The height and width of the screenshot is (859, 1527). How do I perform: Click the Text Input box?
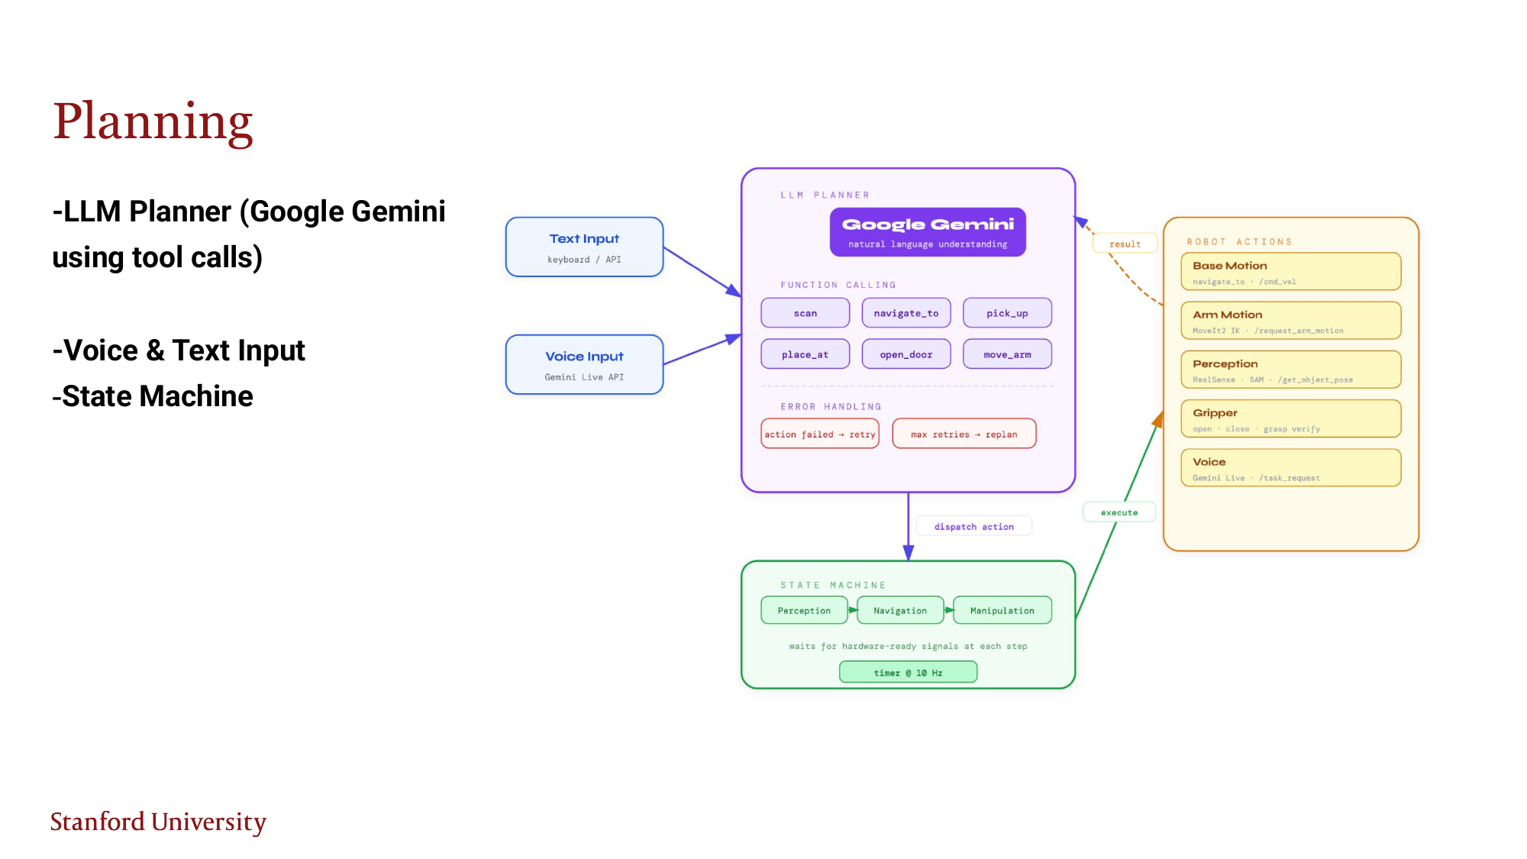pyautogui.click(x=584, y=247)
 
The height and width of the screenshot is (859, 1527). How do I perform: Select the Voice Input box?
pyautogui.click(x=584, y=365)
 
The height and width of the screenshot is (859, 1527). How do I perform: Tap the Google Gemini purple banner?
pyautogui.click(x=928, y=232)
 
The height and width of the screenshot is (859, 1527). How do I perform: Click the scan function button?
pyautogui.click(x=805, y=313)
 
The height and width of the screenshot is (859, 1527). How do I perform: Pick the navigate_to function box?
pyautogui.click(x=906, y=313)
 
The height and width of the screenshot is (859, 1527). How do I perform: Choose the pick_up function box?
pyautogui.click(x=1006, y=313)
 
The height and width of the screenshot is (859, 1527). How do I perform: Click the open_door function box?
pyautogui.click(x=906, y=354)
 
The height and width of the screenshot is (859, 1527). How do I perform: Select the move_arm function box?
pyautogui.click(x=1006, y=354)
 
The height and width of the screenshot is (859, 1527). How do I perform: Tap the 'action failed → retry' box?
pyautogui.click(x=820, y=434)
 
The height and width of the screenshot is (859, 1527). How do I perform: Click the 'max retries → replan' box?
pyautogui.click(x=964, y=434)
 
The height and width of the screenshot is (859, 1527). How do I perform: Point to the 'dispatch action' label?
pyautogui.click(x=973, y=526)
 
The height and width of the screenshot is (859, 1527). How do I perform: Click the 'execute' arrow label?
pyautogui.click(x=1119, y=512)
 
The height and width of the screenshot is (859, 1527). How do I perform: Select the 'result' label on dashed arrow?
pyautogui.click(x=1125, y=244)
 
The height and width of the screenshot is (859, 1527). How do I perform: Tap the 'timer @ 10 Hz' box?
pyautogui.click(x=908, y=672)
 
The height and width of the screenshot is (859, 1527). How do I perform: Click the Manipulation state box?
pyautogui.click(x=1002, y=610)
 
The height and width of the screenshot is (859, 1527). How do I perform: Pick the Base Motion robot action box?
pyautogui.click(x=1290, y=272)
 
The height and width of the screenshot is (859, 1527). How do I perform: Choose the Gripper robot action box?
pyautogui.click(x=1290, y=419)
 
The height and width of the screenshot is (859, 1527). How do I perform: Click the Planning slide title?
pyautogui.click(x=153, y=122)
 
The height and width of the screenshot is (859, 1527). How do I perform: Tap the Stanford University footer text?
pyautogui.click(x=158, y=822)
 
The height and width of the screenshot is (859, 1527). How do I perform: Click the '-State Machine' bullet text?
pyautogui.click(x=153, y=396)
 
